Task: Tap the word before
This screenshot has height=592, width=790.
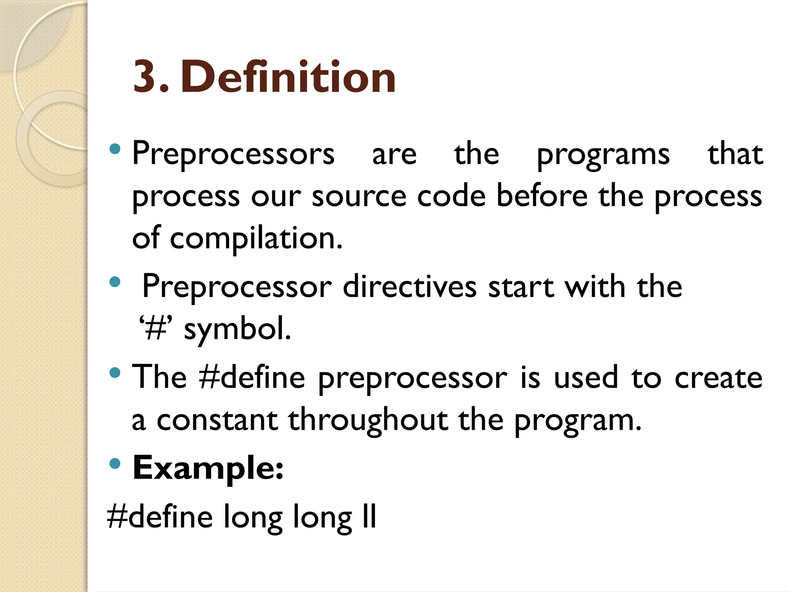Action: point(542,196)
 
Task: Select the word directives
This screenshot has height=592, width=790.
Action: point(410,287)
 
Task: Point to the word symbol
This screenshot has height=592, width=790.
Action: point(237,330)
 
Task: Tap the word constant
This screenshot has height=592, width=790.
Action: point(217,420)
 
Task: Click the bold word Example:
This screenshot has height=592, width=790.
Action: point(208,468)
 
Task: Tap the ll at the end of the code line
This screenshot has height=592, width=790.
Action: point(369,516)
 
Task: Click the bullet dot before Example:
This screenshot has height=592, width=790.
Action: point(115,463)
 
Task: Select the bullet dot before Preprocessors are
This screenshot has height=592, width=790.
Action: point(115,149)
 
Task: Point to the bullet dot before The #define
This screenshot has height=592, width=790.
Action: point(115,373)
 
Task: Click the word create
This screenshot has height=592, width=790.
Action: point(718,378)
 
